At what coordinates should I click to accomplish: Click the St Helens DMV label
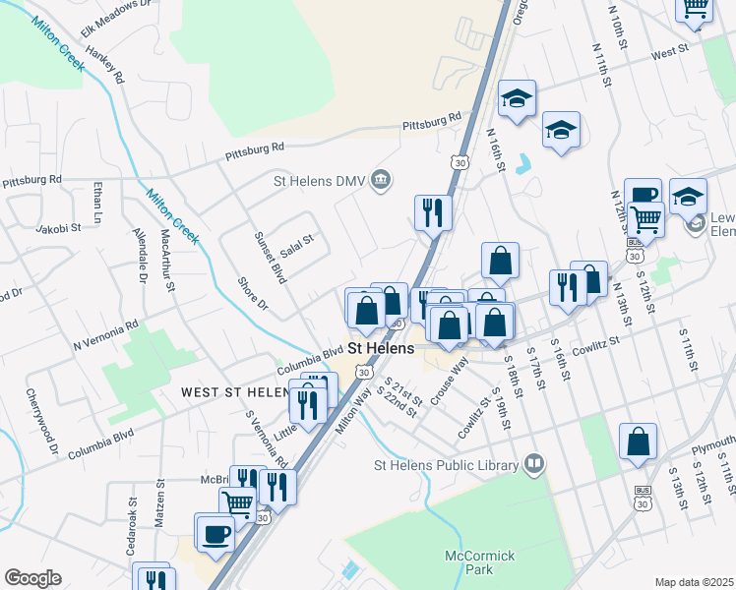(320, 180)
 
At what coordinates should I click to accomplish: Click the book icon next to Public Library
(534, 462)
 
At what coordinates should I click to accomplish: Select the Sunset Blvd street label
(270, 259)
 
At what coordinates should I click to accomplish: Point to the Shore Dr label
(253, 291)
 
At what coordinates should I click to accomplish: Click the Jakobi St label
(58, 228)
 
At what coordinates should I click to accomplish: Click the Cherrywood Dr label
(44, 430)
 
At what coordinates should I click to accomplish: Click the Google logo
(32, 578)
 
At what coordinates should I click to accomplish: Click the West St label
(669, 50)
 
